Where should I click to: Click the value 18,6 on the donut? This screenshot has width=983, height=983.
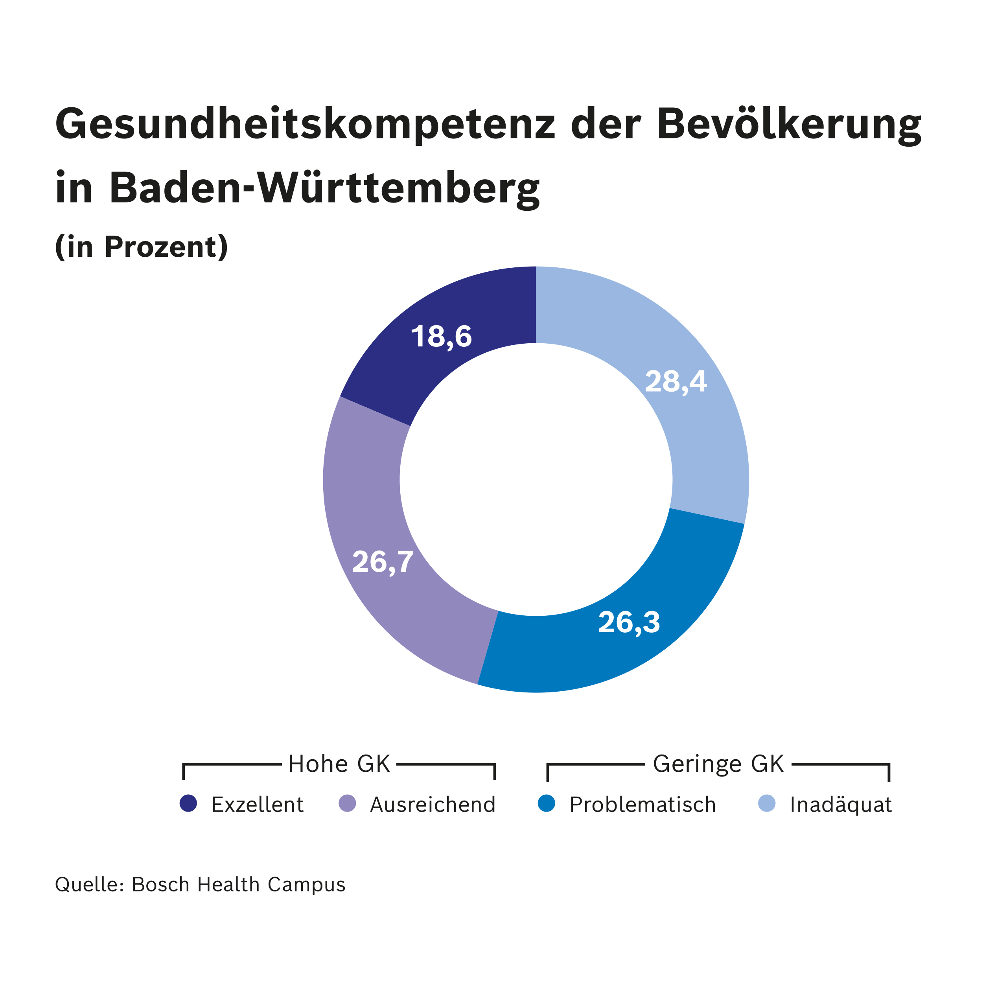tap(441, 337)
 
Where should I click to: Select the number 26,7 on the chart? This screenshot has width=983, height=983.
tap(383, 562)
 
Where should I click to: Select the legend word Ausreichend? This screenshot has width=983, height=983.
tap(433, 804)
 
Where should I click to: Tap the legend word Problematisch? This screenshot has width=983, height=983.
tap(642, 804)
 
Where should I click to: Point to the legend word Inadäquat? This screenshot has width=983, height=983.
tap(841, 804)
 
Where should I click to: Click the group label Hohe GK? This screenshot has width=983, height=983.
tap(339, 764)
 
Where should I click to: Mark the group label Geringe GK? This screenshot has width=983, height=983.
tap(718, 764)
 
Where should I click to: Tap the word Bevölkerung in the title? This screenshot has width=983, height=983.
tap(789, 125)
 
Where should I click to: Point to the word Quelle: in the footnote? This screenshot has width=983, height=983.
tap(90, 885)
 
